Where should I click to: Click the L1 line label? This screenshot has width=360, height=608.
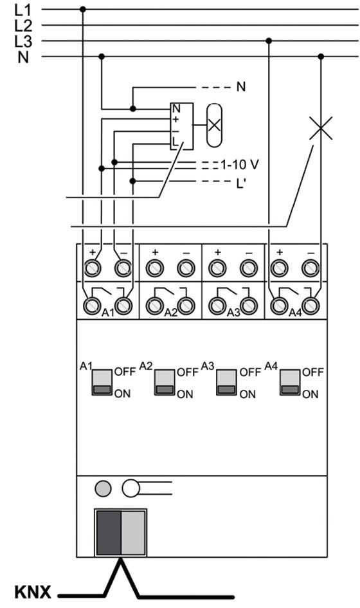tap(24, 9)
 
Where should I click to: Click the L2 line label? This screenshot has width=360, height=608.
tap(24, 25)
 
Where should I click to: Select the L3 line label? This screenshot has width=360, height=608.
tap(24, 41)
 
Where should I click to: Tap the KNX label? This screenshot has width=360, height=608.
tap(33, 592)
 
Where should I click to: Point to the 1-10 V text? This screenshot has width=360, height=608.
tap(240, 165)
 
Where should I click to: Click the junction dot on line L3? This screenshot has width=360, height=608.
tap(269, 41)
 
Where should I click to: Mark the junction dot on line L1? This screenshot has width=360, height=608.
tap(82, 9)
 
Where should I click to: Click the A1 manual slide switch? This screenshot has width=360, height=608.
tap(102, 382)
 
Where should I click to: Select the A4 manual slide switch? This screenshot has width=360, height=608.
tap(290, 382)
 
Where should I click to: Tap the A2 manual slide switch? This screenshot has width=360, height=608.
tap(165, 382)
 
